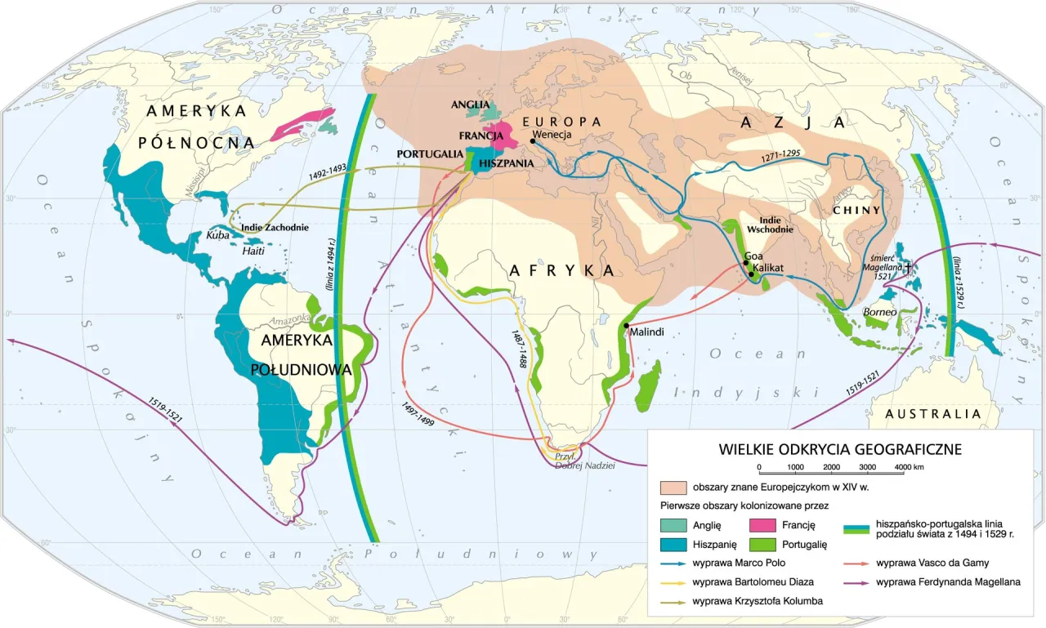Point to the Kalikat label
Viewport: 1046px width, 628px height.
[772, 268]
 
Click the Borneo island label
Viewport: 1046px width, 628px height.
[880, 312]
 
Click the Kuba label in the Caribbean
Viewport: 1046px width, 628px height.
[217, 234]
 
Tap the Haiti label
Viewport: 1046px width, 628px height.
[255, 252]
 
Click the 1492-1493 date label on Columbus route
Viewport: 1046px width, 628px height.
[329, 176]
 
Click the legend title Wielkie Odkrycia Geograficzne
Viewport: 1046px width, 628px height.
[839, 449]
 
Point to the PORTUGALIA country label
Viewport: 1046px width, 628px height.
[430, 153]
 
